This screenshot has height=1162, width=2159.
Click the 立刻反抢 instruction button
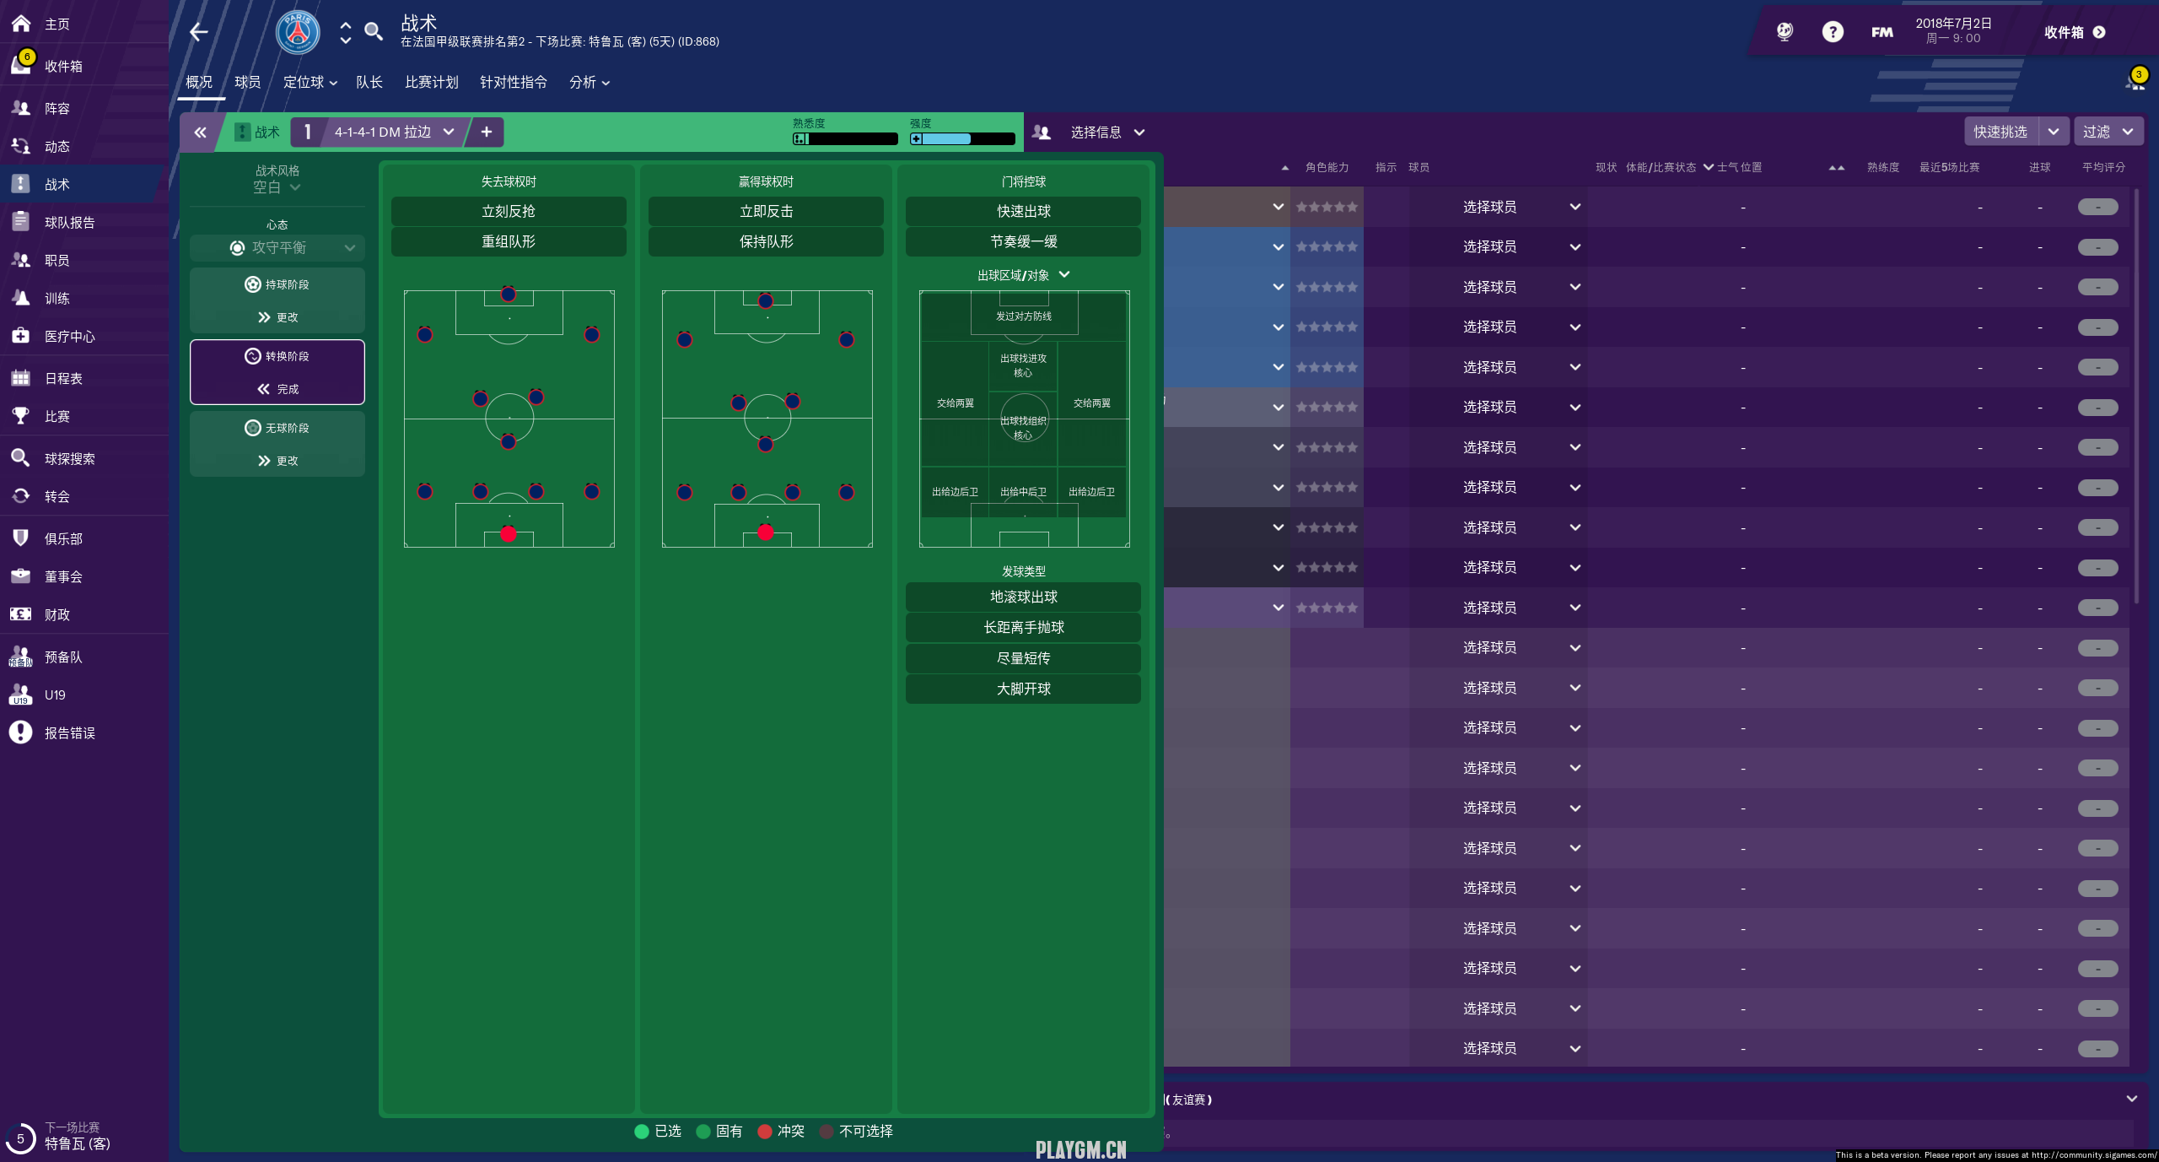point(508,211)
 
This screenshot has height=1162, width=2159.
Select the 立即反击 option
point(765,211)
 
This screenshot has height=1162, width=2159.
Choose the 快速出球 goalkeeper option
point(1022,211)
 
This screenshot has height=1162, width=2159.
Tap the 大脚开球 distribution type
point(1022,689)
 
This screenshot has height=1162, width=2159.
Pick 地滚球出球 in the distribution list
point(1022,597)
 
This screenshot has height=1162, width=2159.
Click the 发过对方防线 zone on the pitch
point(1023,316)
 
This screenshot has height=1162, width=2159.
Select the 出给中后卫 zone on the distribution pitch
point(1023,492)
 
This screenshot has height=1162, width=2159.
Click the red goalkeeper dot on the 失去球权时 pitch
point(508,533)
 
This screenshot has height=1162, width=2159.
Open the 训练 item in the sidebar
point(57,299)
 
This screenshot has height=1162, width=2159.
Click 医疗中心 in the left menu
point(69,337)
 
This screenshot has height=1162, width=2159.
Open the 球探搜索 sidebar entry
point(69,459)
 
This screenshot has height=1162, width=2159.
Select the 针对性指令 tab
point(513,82)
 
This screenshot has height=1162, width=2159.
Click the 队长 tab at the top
point(369,82)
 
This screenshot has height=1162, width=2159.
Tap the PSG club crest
point(298,32)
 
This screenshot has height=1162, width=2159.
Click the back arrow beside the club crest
point(199,32)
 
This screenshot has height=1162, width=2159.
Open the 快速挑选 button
point(2000,132)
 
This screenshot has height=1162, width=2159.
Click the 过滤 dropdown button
point(2107,132)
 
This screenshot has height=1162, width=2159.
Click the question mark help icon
point(1832,32)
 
